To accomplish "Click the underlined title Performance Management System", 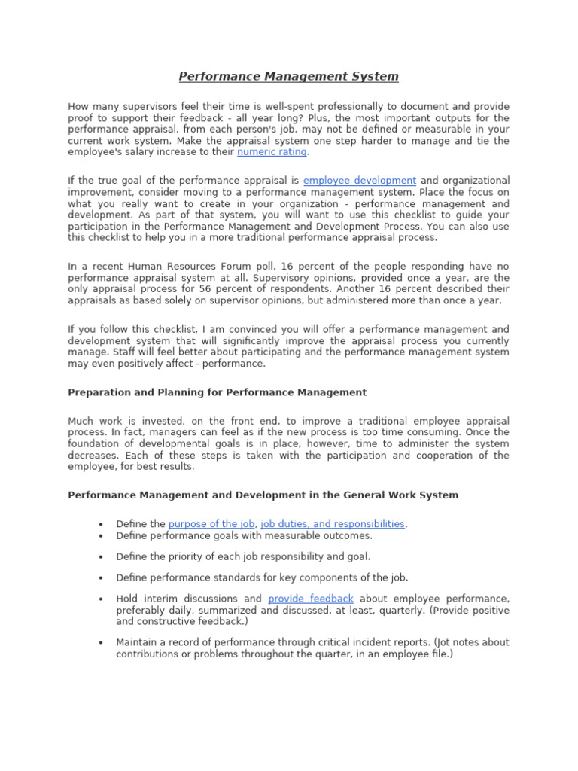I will [288, 77].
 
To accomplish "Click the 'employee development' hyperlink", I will [359, 181].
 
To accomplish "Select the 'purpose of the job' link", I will [211, 524].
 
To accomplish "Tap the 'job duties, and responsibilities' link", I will [332, 524].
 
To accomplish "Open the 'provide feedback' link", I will [311, 599].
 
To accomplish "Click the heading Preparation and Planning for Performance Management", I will [218, 392].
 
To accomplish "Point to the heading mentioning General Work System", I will [263, 495].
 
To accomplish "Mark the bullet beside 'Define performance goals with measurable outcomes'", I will [100, 536].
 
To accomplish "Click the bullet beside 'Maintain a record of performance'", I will [100, 642].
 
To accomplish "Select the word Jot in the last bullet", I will [464, 642].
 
